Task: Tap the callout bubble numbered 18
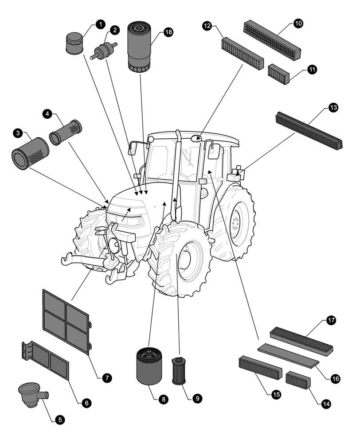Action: tap(168, 32)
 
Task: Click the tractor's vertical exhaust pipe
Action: tap(176, 173)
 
